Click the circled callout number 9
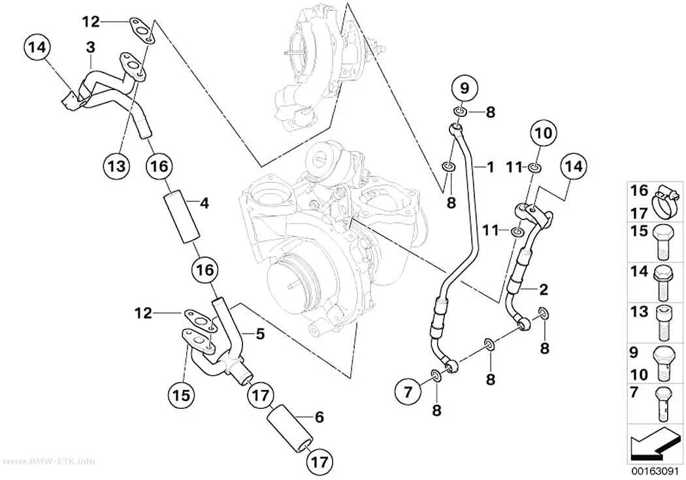(465, 88)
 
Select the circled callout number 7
(408, 392)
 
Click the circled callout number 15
(182, 394)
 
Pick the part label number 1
(491, 167)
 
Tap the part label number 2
(544, 289)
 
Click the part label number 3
(90, 47)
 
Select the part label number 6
(319, 417)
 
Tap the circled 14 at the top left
(38, 48)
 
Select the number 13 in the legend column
(639, 312)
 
